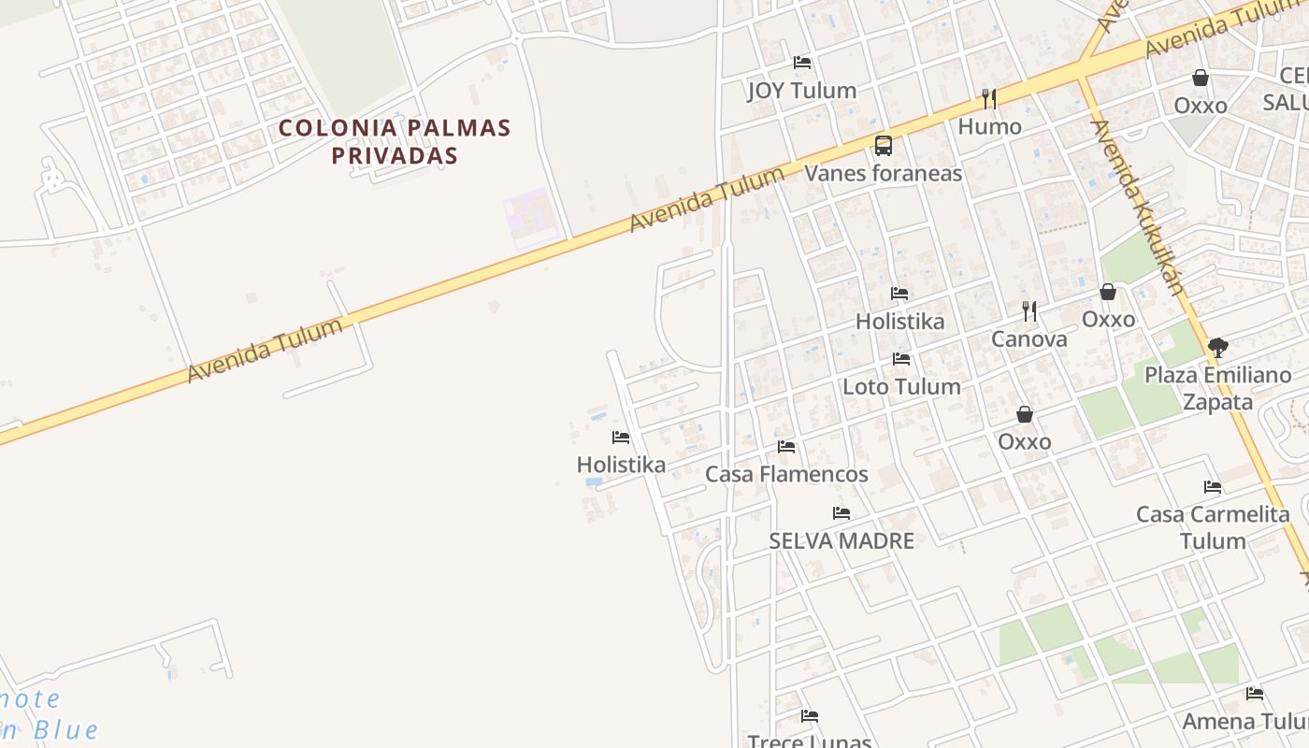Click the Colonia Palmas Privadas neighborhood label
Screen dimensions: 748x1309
[395, 141]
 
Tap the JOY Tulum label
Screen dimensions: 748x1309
[801, 91]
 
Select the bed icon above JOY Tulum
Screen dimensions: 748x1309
[801, 63]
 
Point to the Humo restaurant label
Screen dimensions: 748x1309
[989, 126]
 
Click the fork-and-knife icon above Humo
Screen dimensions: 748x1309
[989, 98]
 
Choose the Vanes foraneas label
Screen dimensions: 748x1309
[883, 173]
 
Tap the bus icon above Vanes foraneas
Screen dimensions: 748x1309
[883, 145]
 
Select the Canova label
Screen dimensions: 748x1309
[1028, 339]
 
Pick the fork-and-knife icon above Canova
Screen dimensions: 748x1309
[1028, 310]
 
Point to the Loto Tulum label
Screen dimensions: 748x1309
[901, 386]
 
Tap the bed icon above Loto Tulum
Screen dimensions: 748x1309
[901, 358]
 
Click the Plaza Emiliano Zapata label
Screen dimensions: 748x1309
[1217, 388]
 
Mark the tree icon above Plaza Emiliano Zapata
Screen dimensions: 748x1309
[1217, 348]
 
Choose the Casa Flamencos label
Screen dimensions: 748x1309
[786, 474]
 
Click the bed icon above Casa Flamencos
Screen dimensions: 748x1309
[786, 447]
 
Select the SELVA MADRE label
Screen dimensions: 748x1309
[841, 540]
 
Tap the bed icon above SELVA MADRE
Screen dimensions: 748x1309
[841, 512]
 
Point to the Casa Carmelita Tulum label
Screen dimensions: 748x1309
[1213, 527]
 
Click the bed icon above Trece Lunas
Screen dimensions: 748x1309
[810, 716]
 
